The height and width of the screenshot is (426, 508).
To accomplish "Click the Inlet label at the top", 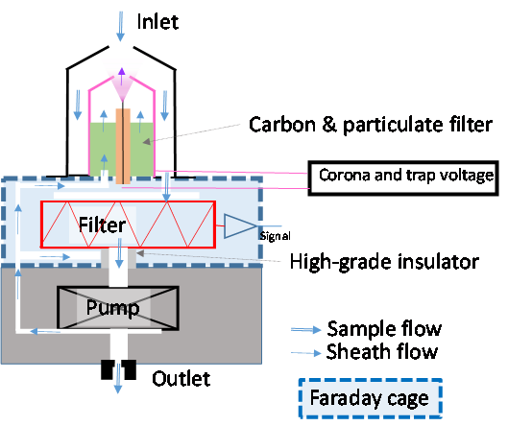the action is tap(157, 22).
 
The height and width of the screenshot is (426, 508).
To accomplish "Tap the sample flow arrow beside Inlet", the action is tap(121, 27).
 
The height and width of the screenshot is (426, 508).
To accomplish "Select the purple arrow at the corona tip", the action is tap(122, 77).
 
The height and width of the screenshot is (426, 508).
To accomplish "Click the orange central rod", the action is tap(123, 147).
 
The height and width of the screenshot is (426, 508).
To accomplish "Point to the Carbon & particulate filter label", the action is tap(371, 125).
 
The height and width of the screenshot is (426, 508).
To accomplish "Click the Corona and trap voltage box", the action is tap(403, 178).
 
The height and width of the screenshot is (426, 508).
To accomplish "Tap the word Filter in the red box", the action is tap(102, 225).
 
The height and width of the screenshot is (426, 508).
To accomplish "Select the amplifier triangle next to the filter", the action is tap(240, 225).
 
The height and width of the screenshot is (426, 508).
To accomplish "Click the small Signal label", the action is tap(275, 236).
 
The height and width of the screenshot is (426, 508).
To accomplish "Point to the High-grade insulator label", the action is tap(384, 262).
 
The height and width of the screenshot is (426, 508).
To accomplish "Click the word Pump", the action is tap(112, 308).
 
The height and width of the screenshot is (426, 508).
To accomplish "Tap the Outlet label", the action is tap(181, 378).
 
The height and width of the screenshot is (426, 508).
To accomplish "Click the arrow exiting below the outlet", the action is tap(118, 378).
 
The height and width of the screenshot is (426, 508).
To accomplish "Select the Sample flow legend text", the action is tap(384, 329).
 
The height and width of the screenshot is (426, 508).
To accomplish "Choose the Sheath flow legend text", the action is tap(382, 352).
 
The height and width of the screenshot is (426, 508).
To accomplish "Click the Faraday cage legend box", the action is tap(371, 398).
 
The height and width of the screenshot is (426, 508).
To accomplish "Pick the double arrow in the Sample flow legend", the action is tap(305, 330).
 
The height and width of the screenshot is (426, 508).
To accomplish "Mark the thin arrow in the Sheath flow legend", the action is tap(305, 353).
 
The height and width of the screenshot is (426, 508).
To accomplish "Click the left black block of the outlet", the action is tap(108, 369).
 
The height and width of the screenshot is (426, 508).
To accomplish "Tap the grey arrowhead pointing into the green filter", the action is tap(147, 141).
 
